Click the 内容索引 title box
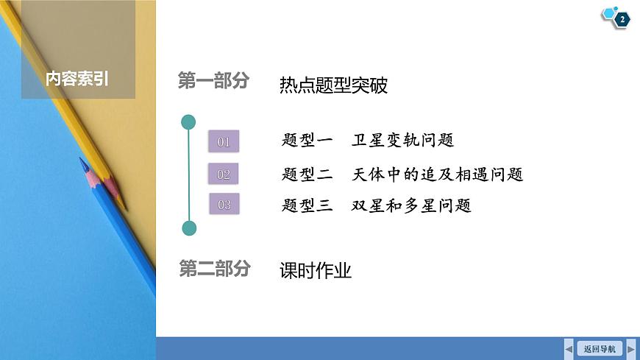(x=77, y=78)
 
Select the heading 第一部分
(x=214, y=82)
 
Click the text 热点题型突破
(x=333, y=85)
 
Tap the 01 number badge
(x=224, y=141)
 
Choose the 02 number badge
(x=224, y=174)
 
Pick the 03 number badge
(x=224, y=205)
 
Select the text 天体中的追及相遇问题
(x=438, y=174)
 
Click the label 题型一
(x=307, y=140)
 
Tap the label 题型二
(x=307, y=174)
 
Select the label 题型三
(x=307, y=205)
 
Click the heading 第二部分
(x=214, y=269)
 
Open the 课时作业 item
(x=316, y=271)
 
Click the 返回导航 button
(x=600, y=348)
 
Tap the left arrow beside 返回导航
(x=569, y=348)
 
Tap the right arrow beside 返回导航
(x=630, y=348)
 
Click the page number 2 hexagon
(x=622, y=20)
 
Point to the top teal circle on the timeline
(x=189, y=122)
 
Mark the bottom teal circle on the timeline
(x=189, y=228)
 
